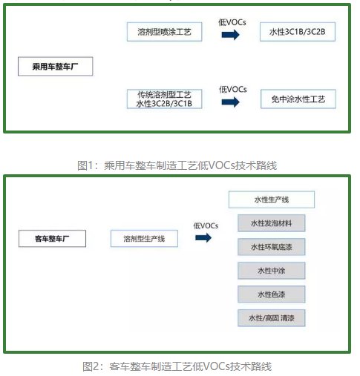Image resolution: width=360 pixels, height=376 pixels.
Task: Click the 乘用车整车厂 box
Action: (56, 66)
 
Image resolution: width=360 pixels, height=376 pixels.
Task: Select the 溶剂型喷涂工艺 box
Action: (164, 32)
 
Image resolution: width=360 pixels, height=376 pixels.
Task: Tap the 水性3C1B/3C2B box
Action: (298, 32)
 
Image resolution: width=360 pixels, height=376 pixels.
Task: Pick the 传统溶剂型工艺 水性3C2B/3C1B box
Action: (164, 99)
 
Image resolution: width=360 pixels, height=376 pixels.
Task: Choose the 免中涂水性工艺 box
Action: (298, 99)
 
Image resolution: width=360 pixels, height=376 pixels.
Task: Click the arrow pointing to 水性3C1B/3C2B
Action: (231, 35)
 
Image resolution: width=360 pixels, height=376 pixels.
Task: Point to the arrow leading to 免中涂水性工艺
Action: (231, 102)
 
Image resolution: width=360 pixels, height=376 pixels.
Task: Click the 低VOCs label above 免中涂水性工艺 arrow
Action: (233, 89)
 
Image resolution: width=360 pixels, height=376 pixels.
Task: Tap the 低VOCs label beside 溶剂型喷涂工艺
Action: (232, 22)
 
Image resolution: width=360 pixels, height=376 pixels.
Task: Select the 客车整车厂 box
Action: (52, 239)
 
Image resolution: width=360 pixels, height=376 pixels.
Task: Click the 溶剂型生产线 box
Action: (144, 239)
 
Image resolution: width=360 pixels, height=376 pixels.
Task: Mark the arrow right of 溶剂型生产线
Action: (203, 238)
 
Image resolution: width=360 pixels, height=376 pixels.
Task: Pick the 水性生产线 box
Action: (272, 199)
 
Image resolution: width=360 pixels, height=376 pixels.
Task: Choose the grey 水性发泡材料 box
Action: (272, 223)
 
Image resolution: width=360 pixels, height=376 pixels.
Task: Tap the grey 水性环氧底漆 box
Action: (272, 247)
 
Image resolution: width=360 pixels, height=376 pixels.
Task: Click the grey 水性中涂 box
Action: (272, 271)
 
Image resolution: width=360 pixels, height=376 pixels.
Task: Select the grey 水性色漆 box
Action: (272, 294)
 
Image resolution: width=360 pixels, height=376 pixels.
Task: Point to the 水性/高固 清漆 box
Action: (272, 318)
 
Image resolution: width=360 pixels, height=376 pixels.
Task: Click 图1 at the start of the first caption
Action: (85, 165)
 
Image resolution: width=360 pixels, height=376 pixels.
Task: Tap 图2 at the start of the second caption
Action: (91, 366)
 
